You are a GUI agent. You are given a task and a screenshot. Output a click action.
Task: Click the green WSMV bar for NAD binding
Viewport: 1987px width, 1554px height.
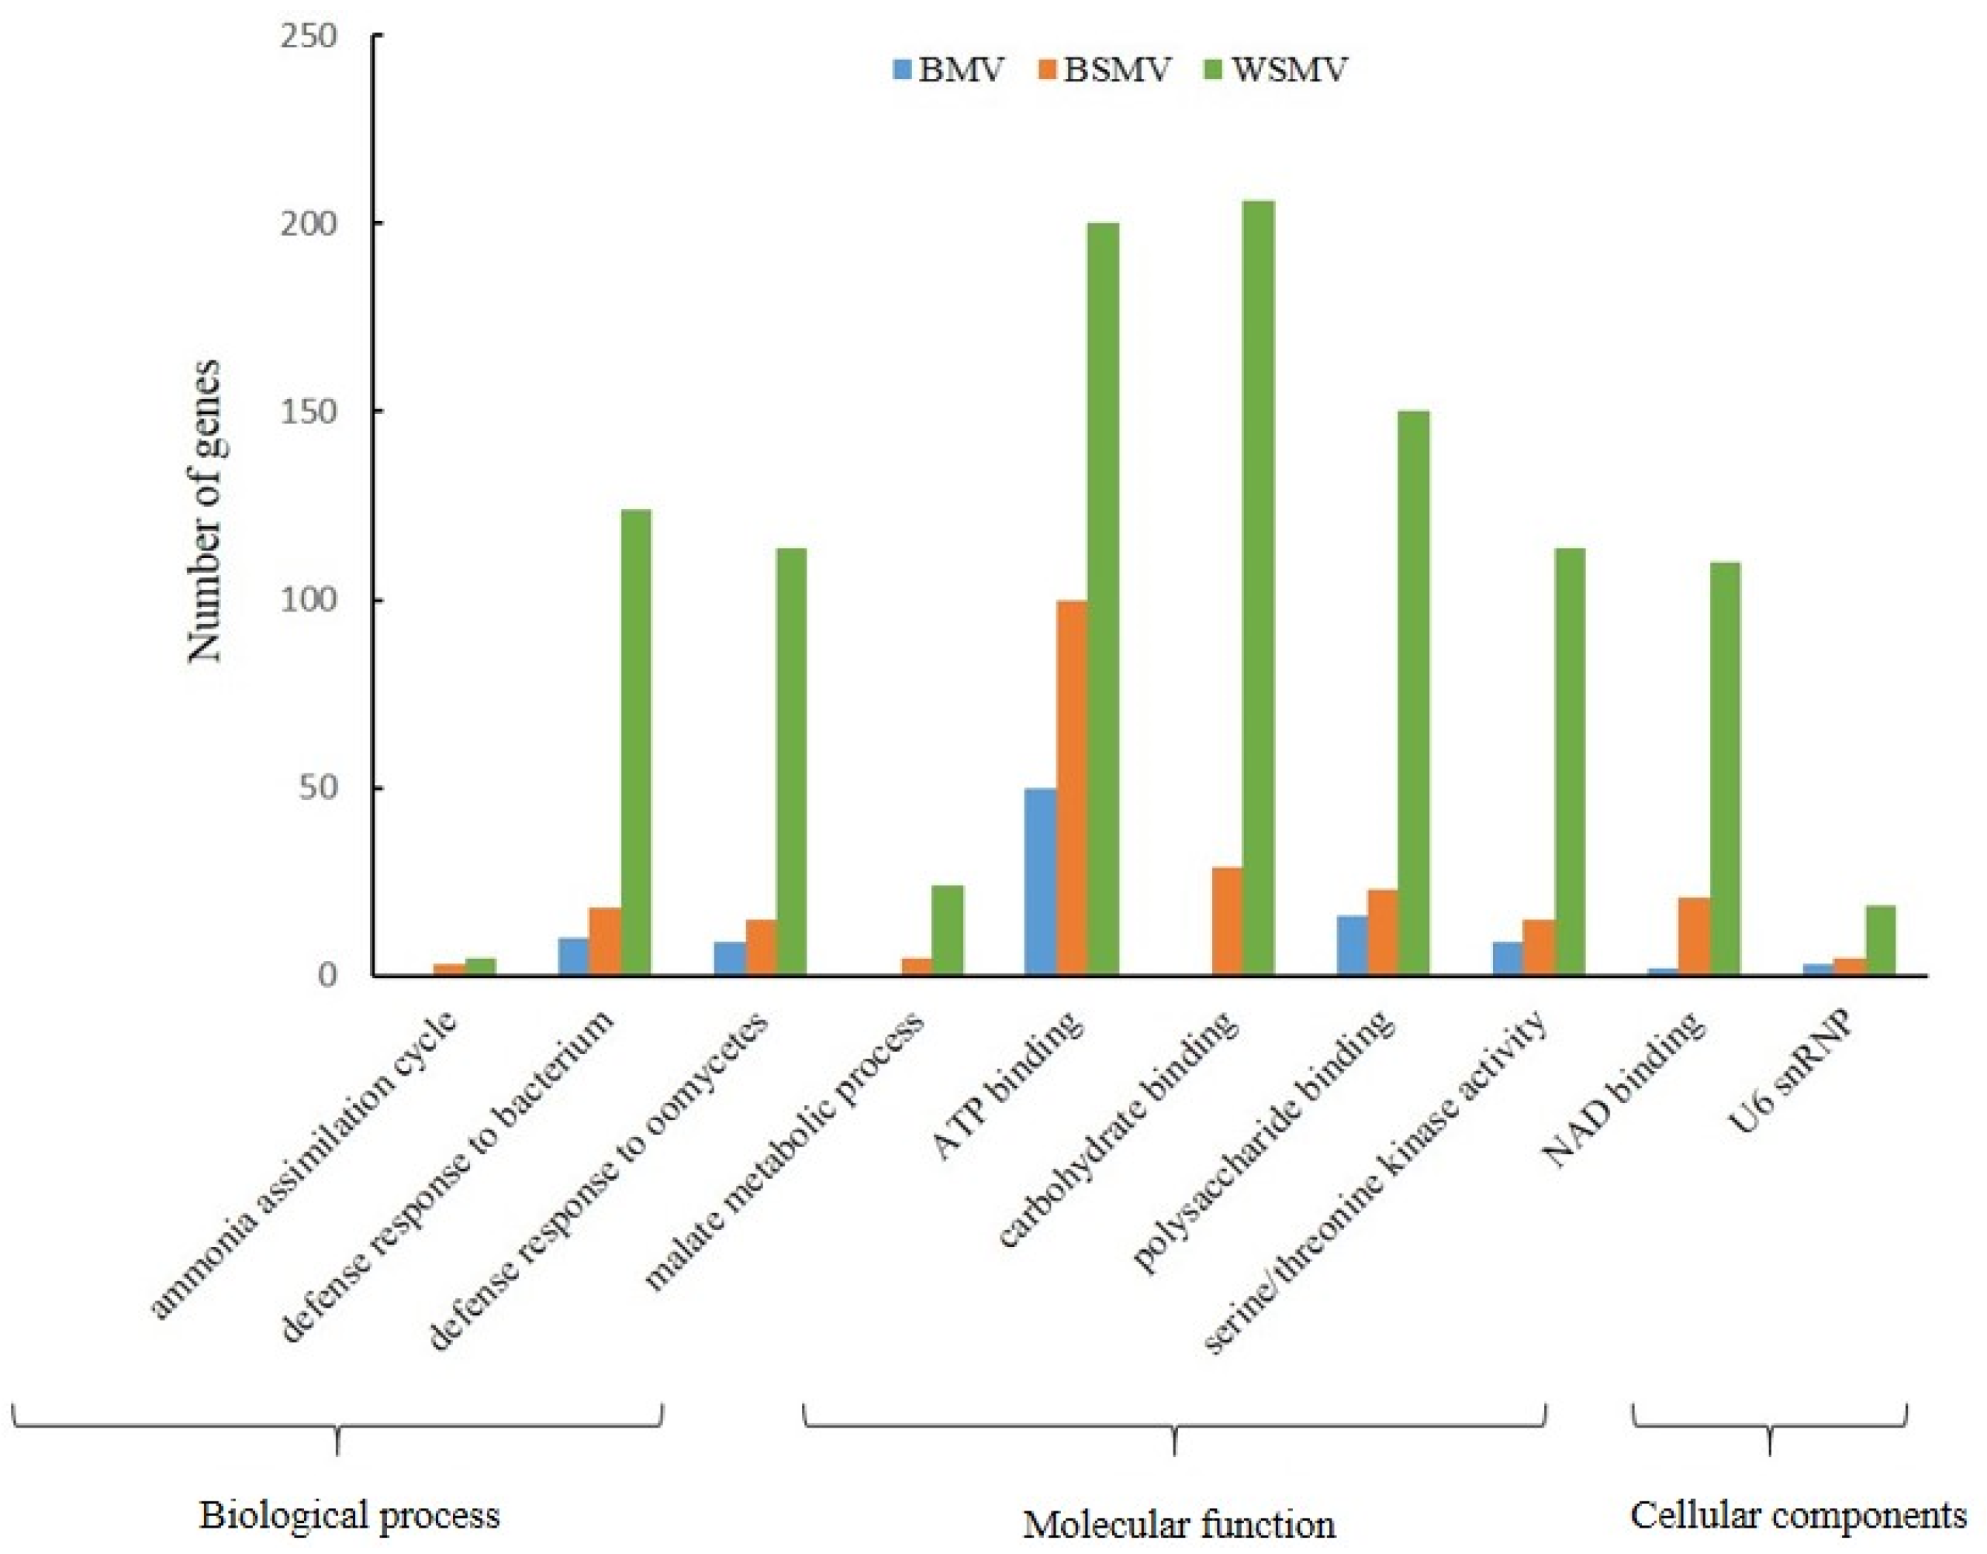click(1725, 769)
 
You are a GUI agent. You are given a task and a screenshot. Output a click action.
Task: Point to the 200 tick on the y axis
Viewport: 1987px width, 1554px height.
click(309, 224)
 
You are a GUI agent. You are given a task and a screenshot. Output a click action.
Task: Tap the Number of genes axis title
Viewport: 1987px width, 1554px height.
click(205, 509)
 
